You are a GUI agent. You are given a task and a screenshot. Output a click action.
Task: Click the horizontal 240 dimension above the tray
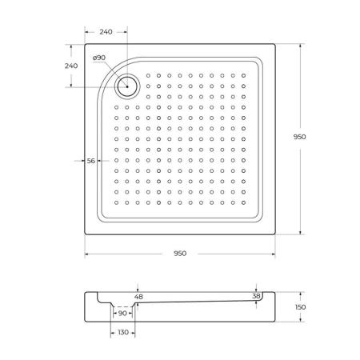[x=105, y=32]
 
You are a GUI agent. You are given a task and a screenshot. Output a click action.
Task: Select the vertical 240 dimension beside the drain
[x=70, y=66]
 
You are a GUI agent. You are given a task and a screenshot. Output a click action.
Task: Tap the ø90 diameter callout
[x=99, y=58]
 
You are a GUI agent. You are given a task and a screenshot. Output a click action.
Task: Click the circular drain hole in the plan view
[x=126, y=84]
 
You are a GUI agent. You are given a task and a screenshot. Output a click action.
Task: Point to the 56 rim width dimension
[x=90, y=161]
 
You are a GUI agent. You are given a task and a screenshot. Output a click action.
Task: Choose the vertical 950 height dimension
[x=300, y=137]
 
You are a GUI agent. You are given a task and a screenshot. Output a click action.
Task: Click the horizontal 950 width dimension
[x=179, y=254]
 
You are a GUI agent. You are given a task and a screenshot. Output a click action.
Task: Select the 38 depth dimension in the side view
[x=255, y=296]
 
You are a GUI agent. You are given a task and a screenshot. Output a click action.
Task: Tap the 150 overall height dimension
[x=300, y=307]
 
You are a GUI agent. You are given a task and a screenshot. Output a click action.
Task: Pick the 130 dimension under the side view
[x=122, y=332]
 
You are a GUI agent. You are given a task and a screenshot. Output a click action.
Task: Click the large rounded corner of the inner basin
[x=106, y=70]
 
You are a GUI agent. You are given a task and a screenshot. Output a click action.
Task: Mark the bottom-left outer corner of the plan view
[x=84, y=236]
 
